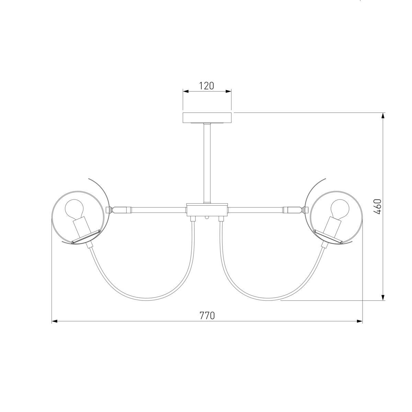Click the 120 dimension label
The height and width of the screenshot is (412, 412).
[206, 86]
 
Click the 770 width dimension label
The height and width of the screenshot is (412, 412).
[207, 316]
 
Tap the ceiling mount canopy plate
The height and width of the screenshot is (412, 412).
[207, 118]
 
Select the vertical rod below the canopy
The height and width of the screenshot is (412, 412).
[207, 163]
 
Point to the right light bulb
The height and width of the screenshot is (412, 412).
[340, 207]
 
